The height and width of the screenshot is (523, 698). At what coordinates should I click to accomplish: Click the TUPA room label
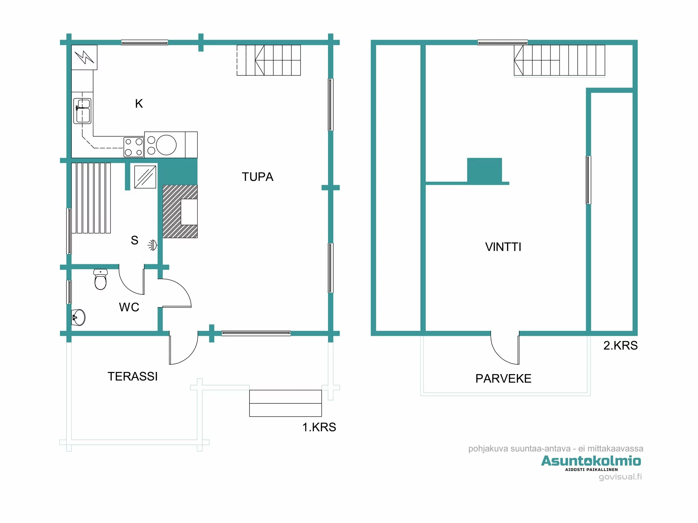pyautogui.click(x=258, y=177)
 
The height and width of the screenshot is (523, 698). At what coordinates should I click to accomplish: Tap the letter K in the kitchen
pyautogui.click(x=139, y=104)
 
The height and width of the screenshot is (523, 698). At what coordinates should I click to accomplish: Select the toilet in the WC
pyautogui.click(x=101, y=280)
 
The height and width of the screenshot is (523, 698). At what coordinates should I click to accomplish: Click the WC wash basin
pyautogui.click(x=79, y=317)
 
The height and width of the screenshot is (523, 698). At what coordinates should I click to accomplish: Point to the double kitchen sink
pyautogui.click(x=82, y=111)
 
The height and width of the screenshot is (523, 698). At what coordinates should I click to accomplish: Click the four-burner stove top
pyautogui.click(x=134, y=147)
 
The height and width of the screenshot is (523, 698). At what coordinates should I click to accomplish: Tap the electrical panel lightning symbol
pyautogui.click(x=84, y=57)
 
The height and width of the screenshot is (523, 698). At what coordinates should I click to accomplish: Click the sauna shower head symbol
pyautogui.click(x=153, y=245)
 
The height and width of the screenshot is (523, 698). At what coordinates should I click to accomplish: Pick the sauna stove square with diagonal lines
pyautogui.click(x=145, y=177)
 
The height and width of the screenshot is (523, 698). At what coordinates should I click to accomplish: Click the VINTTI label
pyautogui.click(x=503, y=247)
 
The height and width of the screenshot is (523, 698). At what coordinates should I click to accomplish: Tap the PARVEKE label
pyautogui.click(x=503, y=379)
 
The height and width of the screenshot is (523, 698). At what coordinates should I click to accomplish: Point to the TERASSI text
pyautogui.click(x=133, y=377)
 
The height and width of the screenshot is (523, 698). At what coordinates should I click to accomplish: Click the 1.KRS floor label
pyautogui.click(x=319, y=427)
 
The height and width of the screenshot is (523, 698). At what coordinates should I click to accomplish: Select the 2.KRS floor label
pyautogui.click(x=620, y=346)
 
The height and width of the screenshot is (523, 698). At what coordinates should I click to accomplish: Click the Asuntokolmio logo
pyautogui.click(x=591, y=461)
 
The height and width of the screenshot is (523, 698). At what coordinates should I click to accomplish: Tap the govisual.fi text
pyautogui.click(x=620, y=477)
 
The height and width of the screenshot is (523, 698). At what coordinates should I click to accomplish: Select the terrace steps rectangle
pyautogui.click(x=285, y=403)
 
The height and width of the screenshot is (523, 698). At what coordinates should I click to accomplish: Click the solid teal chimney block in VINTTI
pyautogui.click(x=484, y=170)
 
